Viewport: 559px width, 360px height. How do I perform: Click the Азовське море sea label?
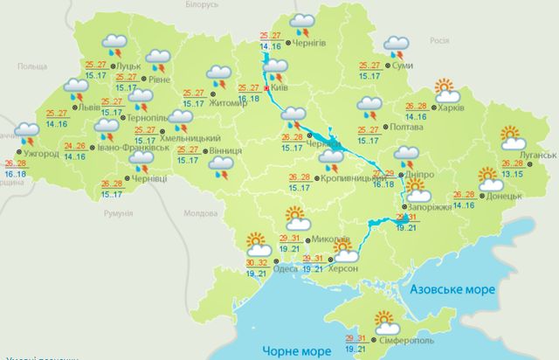coord(446,289)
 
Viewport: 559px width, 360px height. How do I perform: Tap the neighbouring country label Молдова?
coord(200,212)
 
